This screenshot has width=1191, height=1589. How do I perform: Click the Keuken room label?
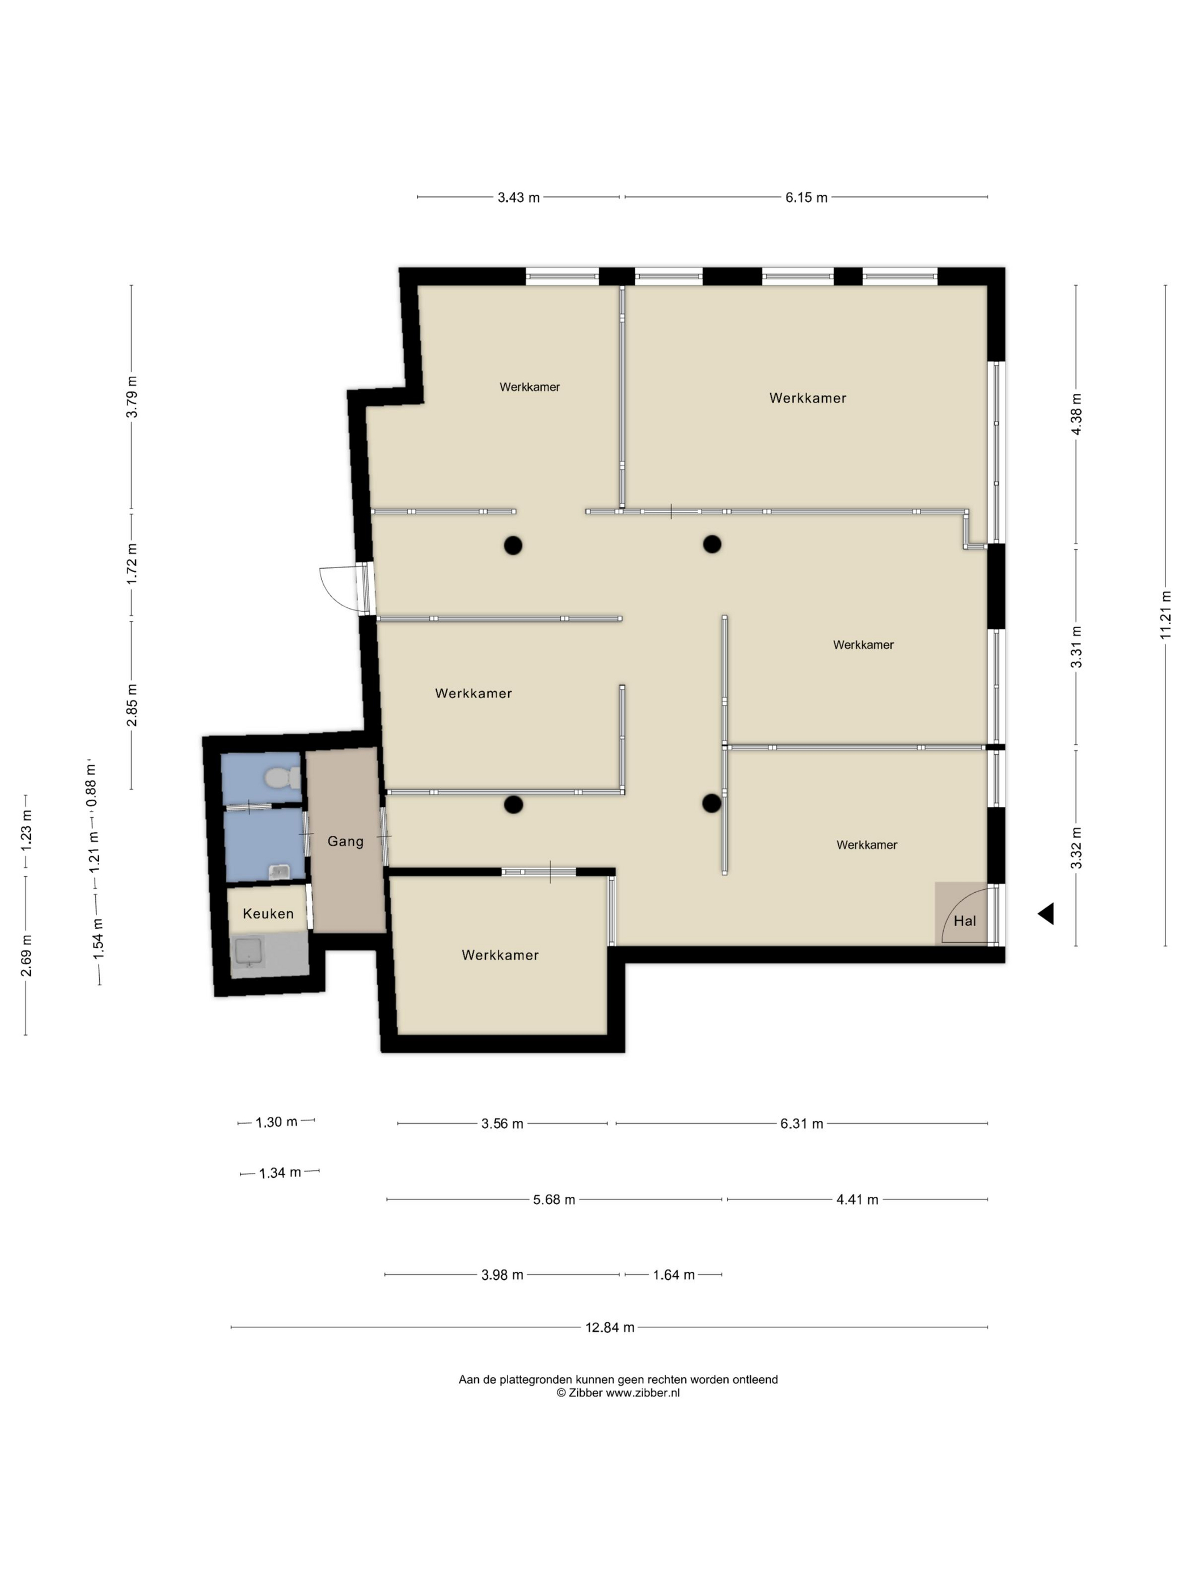point(268,914)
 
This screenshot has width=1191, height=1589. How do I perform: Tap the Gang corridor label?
point(345,841)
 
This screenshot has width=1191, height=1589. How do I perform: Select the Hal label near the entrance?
point(964,921)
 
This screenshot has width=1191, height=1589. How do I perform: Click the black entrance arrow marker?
point(1045,914)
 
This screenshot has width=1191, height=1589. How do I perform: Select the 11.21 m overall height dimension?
point(1165,615)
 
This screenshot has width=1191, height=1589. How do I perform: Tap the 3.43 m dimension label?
point(518,197)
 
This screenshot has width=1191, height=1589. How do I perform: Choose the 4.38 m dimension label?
point(1075,414)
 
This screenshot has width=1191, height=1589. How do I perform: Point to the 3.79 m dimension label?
point(132,397)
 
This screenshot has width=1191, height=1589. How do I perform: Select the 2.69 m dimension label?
point(26,956)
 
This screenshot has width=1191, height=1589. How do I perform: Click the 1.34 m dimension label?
point(280,1173)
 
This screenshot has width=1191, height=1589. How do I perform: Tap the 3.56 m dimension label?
point(502,1124)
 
